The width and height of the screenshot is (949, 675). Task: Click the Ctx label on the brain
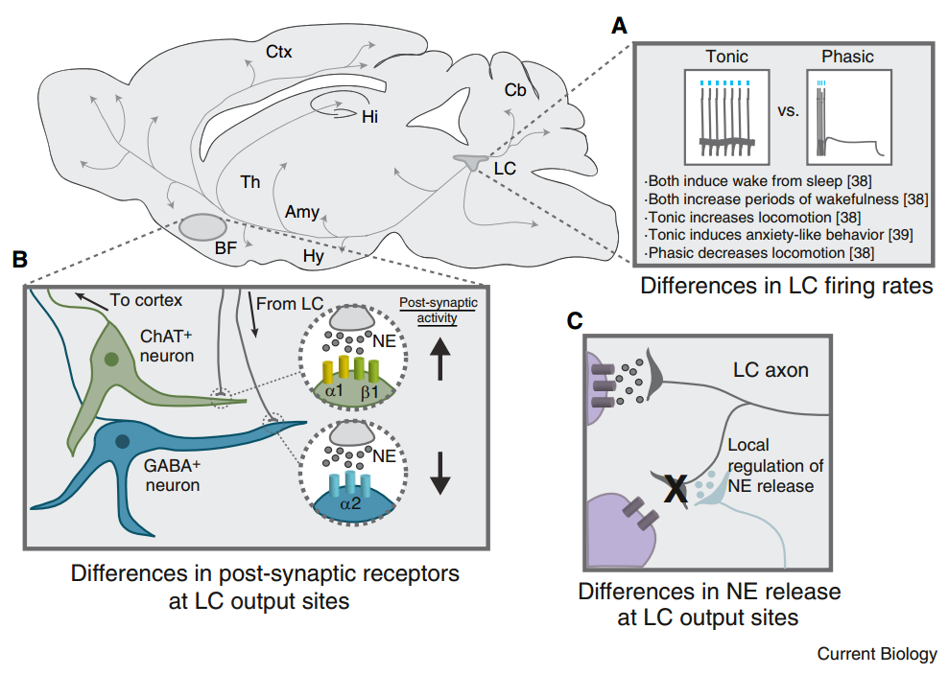tap(278, 52)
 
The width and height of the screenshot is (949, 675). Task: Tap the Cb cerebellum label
tap(515, 89)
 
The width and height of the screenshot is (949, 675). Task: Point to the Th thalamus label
tap(250, 181)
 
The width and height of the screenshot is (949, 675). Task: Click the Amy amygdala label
tap(301, 212)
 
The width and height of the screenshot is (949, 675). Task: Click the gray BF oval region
tap(200, 227)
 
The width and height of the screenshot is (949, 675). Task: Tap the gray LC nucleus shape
tap(470, 163)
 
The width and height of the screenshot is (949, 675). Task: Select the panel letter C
tap(574, 321)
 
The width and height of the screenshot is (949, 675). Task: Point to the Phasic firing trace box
tap(849, 117)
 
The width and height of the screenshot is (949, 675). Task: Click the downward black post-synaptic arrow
tap(439, 471)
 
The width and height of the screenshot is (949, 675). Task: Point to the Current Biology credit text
tap(876, 655)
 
